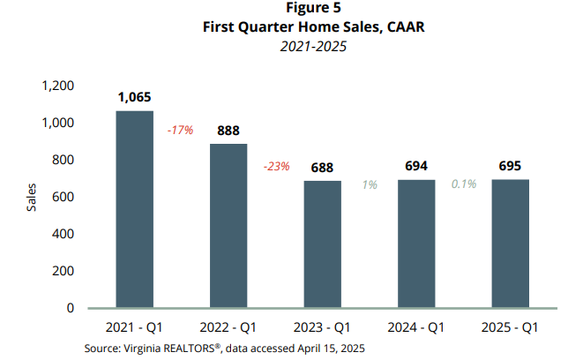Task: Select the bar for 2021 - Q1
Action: point(135,209)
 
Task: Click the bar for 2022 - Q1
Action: point(228,226)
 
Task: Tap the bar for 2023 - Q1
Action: point(323,244)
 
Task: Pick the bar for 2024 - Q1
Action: point(416,244)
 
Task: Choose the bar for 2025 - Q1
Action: point(510,244)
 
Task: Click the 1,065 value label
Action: point(135,98)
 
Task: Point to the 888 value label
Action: point(228,131)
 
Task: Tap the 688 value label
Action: point(323,168)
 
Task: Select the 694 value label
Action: point(416,166)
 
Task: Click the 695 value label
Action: point(510,166)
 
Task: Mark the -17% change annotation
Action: point(181,130)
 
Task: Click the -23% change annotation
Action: point(275,166)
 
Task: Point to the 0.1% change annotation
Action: point(464,184)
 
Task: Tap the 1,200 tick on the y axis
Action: point(58,86)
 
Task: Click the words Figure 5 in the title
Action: point(284,8)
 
